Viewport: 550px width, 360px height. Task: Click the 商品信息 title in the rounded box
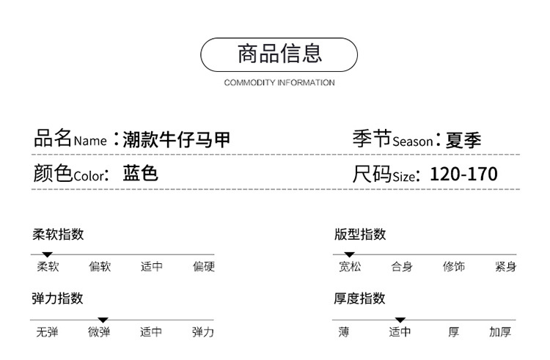279,54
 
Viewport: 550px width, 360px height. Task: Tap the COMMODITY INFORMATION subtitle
279,82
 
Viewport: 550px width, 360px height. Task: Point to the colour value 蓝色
141,174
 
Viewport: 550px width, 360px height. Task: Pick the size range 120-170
463,174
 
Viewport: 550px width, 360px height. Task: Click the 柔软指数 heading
58,235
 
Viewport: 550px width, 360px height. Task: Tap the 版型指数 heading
360,235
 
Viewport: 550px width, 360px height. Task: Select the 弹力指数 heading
58,298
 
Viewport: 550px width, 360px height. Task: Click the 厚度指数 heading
360,298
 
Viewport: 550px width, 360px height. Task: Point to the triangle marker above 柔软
48,254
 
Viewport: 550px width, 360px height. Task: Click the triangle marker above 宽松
345,254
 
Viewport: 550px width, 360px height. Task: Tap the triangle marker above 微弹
103,320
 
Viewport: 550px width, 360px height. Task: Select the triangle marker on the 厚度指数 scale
400,320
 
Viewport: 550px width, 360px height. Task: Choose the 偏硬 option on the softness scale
203,267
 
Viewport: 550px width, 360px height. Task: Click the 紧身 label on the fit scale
505,267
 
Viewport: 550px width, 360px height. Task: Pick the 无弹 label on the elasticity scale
47,332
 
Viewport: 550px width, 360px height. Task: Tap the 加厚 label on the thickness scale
500,332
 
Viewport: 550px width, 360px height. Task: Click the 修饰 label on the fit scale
453,267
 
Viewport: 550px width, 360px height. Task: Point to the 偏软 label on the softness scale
100,267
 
